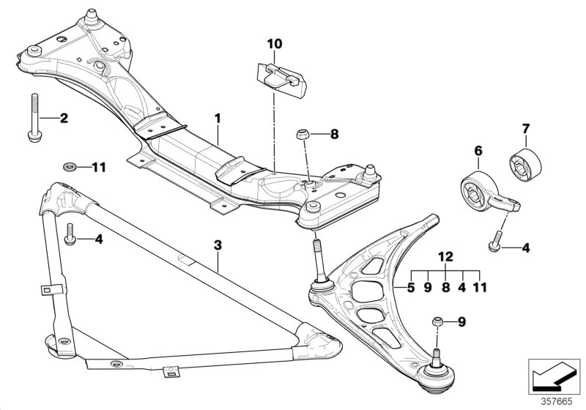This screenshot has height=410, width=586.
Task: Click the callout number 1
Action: click(217, 117)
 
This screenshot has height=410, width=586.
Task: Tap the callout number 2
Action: click(64, 117)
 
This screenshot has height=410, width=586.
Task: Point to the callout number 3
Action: click(218, 244)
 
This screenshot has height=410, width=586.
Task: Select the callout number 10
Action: click(273, 45)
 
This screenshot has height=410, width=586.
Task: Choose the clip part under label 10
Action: click(280, 76)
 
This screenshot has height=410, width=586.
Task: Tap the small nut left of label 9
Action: click(437, 321)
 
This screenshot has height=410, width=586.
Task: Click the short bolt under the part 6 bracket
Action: click(494, 239)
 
